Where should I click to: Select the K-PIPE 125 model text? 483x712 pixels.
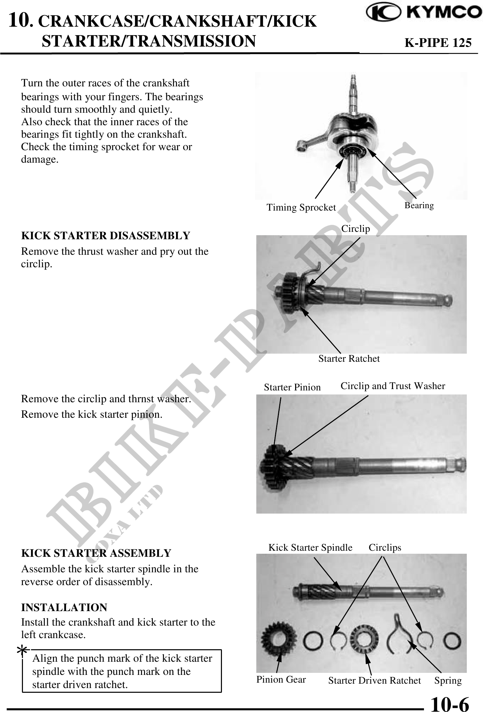pos(438,43)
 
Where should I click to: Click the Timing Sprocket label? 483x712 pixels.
pos(301,207)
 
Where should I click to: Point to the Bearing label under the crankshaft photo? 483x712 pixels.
pos(419,205)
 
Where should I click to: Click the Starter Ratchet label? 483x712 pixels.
pos(349,358)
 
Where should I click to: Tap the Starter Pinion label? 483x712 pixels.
pos(292,387)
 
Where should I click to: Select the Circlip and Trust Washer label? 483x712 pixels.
pos(393,386)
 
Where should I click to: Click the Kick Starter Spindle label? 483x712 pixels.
pos(310,547)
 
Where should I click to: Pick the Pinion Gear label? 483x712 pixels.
pos(281,679)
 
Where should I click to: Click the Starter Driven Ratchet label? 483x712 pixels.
pos(374,680)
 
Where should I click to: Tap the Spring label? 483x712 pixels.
pos(448,680)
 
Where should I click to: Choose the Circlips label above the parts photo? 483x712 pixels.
pos(385,547)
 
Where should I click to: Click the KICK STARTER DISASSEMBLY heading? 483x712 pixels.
pos(106,236)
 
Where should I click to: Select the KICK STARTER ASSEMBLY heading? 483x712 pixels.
pos(96,553)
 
